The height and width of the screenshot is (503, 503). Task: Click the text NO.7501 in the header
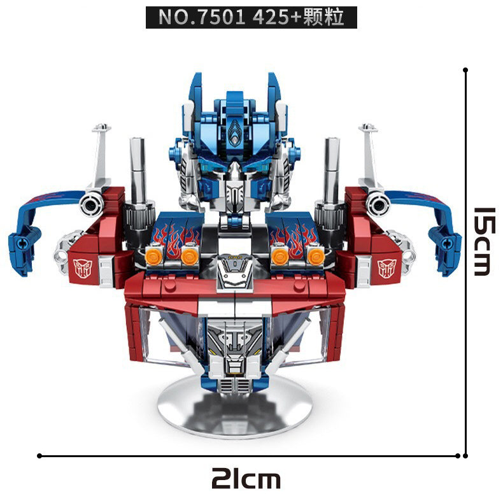202,17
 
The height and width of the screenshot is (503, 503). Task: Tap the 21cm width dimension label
246,478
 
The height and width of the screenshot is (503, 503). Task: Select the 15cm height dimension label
485,241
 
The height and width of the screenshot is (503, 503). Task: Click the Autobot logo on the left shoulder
83,268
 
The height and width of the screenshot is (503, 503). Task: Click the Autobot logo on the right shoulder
387,268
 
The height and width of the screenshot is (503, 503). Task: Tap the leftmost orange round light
153,257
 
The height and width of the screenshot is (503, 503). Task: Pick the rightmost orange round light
316,257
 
